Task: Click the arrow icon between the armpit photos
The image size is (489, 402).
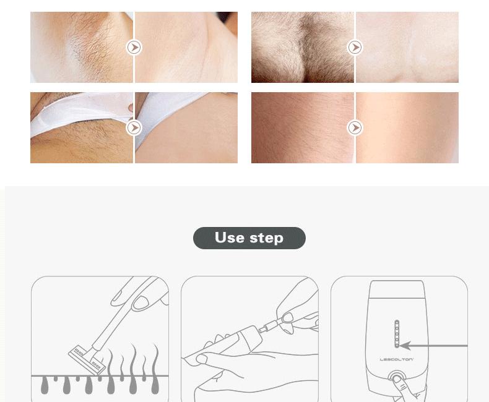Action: click(x=134, y=47)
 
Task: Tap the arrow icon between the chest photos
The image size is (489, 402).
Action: click(x=355, y=47)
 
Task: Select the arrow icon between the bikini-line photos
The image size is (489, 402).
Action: click(x=134, y=127)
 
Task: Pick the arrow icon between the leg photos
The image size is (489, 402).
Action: click(x=355, y=127)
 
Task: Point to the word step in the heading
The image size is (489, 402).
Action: click(x=266, y=238)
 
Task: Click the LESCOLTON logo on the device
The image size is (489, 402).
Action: click(x=396, y=359)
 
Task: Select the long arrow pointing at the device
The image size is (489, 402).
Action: click(x=433, y=346)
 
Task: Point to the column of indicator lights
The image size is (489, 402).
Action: click(x=396, y=334)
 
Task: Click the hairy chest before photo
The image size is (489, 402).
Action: click(x=302, y=47)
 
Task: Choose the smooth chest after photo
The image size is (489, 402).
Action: click(x=407, y=47)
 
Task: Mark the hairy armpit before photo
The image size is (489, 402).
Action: click(x=80, y=47)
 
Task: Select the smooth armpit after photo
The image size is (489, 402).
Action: click(x=186, y=47)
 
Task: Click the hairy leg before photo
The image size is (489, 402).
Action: click(x=302, y=127)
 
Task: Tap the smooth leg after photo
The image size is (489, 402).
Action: click(x=407, y=127)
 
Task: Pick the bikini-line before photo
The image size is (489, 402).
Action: click(x=80, y=127)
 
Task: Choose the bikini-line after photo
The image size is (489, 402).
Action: click(x=186, y=127)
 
